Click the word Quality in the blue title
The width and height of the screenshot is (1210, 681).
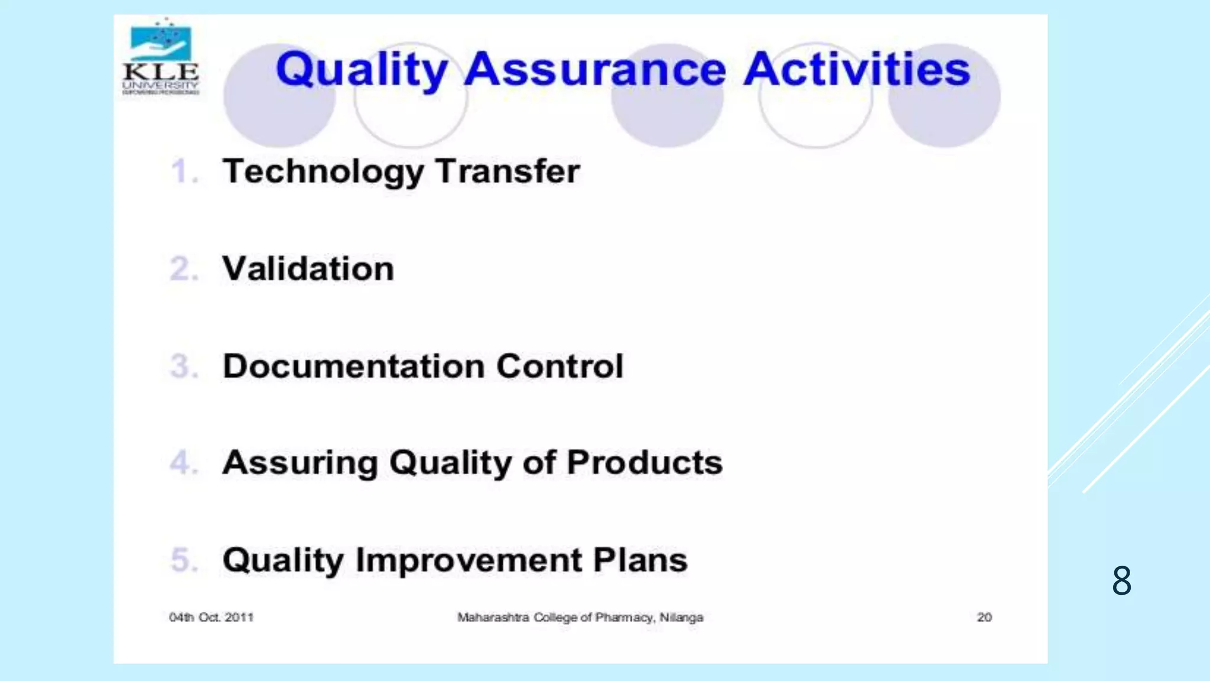[x=362, y=70]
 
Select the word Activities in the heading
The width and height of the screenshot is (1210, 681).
[x=857, y=70]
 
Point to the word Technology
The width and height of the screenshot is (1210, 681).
[x=323, y=172]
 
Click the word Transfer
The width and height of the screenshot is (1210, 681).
[x=508, y=171]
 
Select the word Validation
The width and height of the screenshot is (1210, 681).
[x=308, y=269]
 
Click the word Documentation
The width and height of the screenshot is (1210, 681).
[x=354, y=367]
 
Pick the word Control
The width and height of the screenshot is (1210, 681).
[x=560, y=367]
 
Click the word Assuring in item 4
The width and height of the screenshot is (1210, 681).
[x=300, y=463]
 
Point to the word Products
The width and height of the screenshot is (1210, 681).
[x=645, y=462]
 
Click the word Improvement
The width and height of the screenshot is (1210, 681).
[x=469, y=560]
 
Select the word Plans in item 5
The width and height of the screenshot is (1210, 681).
[x=640, y=560]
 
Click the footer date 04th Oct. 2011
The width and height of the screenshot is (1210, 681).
[x=211, y=618]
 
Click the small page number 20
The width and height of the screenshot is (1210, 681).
[x=984, y=618]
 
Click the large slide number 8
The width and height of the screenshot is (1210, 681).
[x=1121, y=581]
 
